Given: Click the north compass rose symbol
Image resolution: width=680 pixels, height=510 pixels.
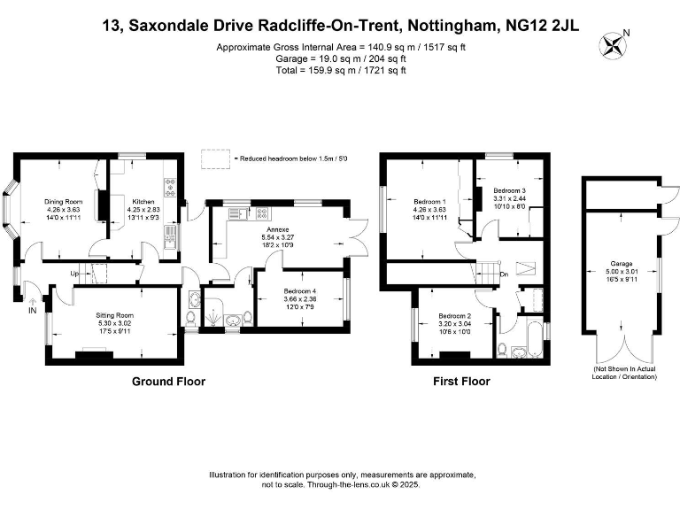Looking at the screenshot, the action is tap(612, 45).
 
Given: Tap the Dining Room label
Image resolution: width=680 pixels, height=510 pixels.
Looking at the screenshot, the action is tap(64, 202).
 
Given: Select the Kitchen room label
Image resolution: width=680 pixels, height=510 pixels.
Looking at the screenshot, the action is tap(143, 202).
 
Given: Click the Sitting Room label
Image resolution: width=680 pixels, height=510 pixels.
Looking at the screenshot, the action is tap(115, 315).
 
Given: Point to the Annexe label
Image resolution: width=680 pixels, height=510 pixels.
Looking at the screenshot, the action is tap(278, 229).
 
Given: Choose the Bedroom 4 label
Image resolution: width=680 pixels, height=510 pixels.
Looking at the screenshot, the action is tap(300, 291).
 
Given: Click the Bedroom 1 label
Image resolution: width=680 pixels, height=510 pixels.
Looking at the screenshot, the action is tap(429, 202).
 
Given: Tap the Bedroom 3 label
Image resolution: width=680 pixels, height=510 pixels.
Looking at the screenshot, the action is tap(510, 190).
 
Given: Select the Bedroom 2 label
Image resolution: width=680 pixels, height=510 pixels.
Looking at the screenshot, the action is tap(454, 316).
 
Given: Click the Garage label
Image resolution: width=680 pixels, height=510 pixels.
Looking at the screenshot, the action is tap(622, 263).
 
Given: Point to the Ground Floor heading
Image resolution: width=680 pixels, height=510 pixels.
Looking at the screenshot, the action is tap(169, 382).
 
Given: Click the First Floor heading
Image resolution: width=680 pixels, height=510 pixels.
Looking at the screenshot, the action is tap(461, 382).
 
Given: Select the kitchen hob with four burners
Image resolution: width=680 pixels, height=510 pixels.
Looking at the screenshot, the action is tap(170, 188).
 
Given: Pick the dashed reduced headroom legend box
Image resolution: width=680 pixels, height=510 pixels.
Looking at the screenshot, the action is tap(215, 158).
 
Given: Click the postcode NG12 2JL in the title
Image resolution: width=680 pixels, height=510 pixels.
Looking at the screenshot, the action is tap(542, 25).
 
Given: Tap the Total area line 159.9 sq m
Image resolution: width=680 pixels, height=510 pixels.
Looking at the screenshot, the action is tap(341, 70).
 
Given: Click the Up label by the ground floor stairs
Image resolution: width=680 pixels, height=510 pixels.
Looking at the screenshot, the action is tap(74, 274).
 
